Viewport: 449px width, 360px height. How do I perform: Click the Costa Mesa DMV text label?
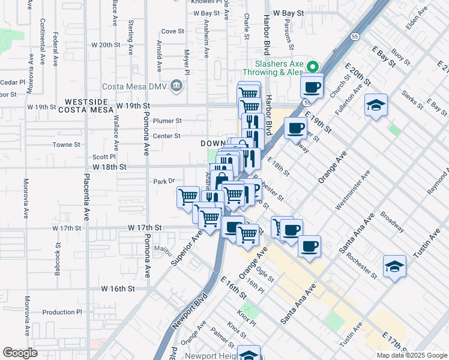click(135, 86)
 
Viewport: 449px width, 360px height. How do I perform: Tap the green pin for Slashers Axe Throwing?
click(312, 66)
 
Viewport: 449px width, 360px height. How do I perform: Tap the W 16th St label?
click(117, 289)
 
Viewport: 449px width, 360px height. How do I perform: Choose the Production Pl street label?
click(62, 312)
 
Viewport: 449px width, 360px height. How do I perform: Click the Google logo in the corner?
click(20, 353)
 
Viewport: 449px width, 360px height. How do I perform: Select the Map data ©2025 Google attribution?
click(411, 355)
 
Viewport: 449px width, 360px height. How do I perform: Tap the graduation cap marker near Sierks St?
click(376, 106)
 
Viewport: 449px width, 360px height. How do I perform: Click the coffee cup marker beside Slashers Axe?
click(312, 87)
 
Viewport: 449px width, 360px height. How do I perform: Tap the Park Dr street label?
click(163, 181)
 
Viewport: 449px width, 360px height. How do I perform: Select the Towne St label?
click(67, 145)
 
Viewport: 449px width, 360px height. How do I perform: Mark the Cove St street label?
click(172, 31)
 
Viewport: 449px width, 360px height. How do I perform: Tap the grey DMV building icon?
click(175, 85)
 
